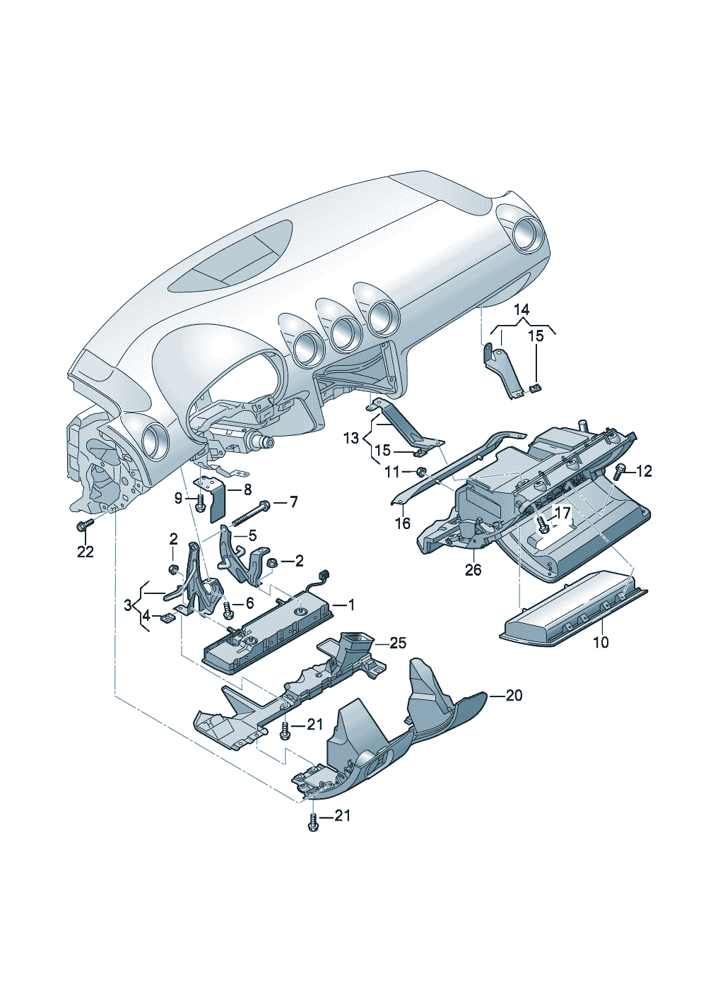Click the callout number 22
coord(85,552)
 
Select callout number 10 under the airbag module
coord(600,642)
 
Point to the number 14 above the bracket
coord(521,309)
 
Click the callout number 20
coord(514,695)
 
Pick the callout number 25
coord(399,642)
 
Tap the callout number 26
coord(473,569)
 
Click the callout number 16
coord(402,523)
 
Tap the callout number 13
coord(351,439)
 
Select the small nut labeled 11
coord(421,471)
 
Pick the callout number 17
coord(562,513)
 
